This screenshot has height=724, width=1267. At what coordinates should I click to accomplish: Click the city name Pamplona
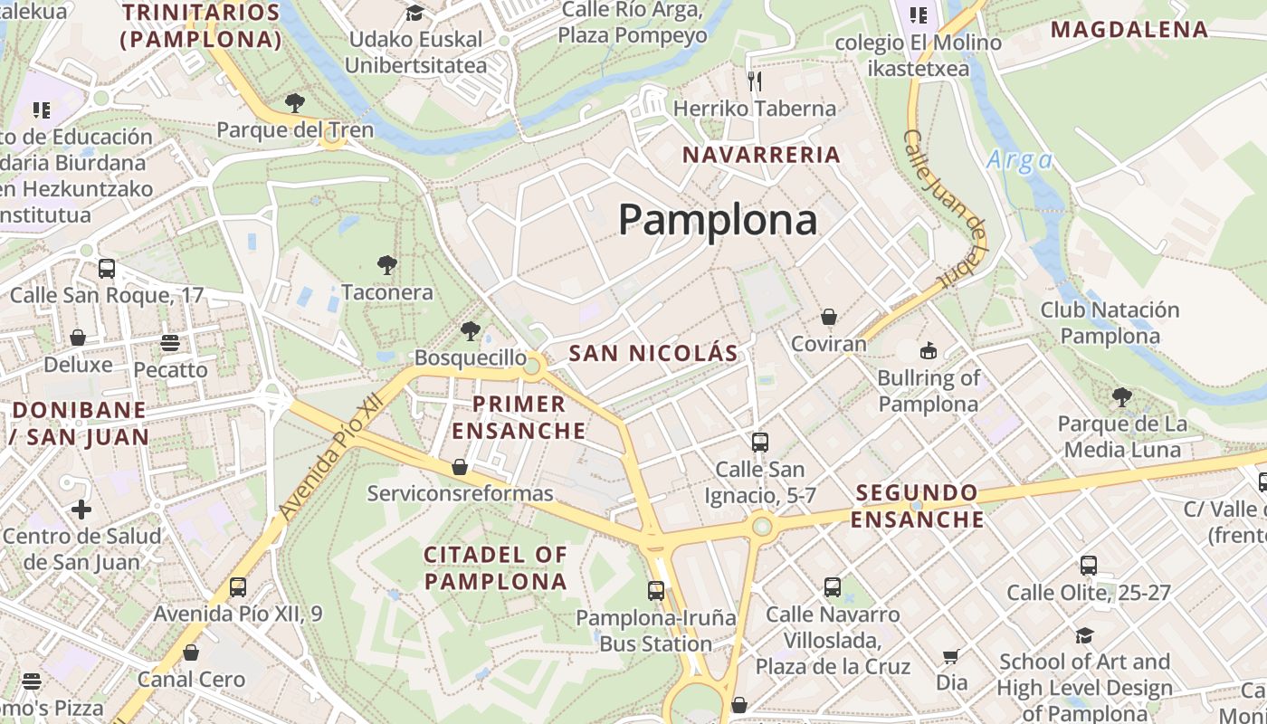coord(718,220)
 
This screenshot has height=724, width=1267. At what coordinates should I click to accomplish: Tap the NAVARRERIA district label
coord(761,155)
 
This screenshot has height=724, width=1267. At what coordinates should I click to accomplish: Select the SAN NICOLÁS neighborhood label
coord(653,353)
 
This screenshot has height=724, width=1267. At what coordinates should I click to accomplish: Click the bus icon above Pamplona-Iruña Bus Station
coord(656,591)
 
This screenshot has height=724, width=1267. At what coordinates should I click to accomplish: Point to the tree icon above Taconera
coord(387,265)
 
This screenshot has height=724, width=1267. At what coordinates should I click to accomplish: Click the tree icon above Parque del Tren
coord(294,102)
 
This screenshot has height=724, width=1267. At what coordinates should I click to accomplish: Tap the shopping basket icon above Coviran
coord(828,317)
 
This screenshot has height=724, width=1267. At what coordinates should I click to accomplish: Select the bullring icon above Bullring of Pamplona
coord(928,350)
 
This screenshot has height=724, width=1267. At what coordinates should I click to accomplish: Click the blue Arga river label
coord(1019,160)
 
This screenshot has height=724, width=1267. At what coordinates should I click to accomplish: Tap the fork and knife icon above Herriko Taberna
coord(755,81)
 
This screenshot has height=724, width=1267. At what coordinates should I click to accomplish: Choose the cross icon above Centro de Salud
coord(81,509)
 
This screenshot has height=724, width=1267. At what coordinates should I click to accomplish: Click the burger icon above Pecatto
coord(170,343)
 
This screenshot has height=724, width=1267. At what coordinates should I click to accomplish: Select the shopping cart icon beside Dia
coord(950,656)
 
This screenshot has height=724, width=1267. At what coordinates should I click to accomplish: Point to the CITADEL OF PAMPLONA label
coord(496,567)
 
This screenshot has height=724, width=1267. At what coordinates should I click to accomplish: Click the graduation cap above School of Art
coord(1084,635)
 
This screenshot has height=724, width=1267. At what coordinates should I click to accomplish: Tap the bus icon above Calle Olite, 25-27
coord(1089,566)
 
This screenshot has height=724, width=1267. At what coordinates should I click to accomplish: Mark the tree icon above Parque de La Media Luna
coord(1121,396)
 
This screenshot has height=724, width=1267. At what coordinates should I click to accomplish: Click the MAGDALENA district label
coord(1129,29)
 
